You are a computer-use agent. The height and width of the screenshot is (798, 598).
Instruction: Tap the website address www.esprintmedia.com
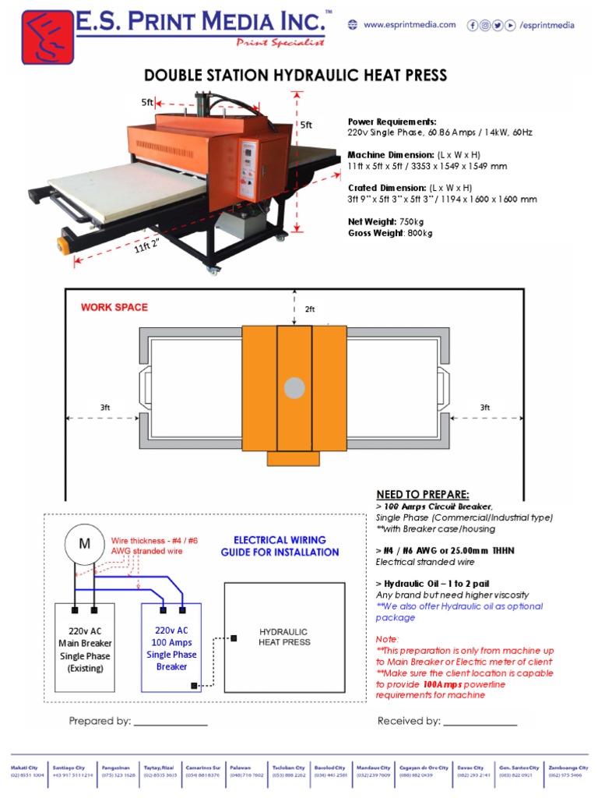click(409, 25)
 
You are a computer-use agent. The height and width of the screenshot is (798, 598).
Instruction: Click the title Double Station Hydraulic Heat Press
click(296, 76)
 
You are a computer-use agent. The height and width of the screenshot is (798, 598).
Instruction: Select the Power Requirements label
click(392, 122)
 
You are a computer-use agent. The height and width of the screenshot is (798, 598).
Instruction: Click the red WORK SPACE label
click(114, 307)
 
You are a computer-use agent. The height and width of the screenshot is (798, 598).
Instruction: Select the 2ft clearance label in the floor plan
click(310, 309)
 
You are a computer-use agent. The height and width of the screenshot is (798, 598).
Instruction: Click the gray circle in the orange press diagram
click(294, 387)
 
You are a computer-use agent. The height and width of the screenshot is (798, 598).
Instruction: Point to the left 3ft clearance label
click(105, 408)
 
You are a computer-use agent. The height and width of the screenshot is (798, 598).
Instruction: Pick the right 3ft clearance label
click(484, 408)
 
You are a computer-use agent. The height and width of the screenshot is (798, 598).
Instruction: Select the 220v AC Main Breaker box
click(85, 647)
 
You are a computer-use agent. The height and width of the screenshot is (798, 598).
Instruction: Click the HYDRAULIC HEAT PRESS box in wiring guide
click(284, 637)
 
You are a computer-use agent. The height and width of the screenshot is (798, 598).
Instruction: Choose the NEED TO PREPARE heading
click(423, 495)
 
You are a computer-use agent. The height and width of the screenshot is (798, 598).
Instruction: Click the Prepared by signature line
click(171, 722)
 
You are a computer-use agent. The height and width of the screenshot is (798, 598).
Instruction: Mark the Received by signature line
click(479, 722)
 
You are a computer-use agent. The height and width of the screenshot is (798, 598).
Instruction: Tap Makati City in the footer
click(24, 771)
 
